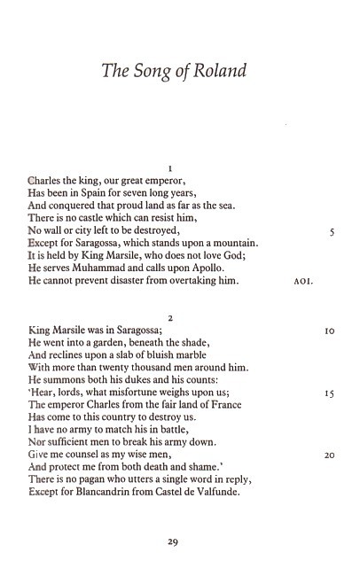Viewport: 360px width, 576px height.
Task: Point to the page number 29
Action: click(174, 544)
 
